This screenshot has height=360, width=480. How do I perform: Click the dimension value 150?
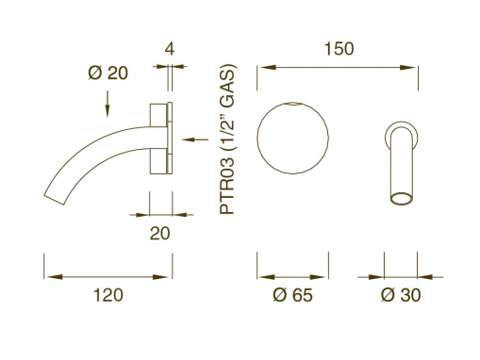[339, 49]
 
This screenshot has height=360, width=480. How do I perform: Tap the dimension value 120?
[108, 295]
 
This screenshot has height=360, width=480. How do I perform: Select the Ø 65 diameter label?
[292, 295]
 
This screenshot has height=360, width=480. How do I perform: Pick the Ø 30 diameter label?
[401, 295]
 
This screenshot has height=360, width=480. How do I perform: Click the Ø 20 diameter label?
[108, 74]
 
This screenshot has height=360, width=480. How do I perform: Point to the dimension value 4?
[170, 49]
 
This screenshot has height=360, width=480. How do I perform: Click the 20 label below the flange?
[159, 234]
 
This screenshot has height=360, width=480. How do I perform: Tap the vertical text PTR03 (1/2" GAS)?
[227, 139]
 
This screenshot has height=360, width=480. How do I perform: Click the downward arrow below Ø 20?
[108, 105]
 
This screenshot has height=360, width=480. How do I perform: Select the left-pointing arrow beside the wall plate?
[195, 139]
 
